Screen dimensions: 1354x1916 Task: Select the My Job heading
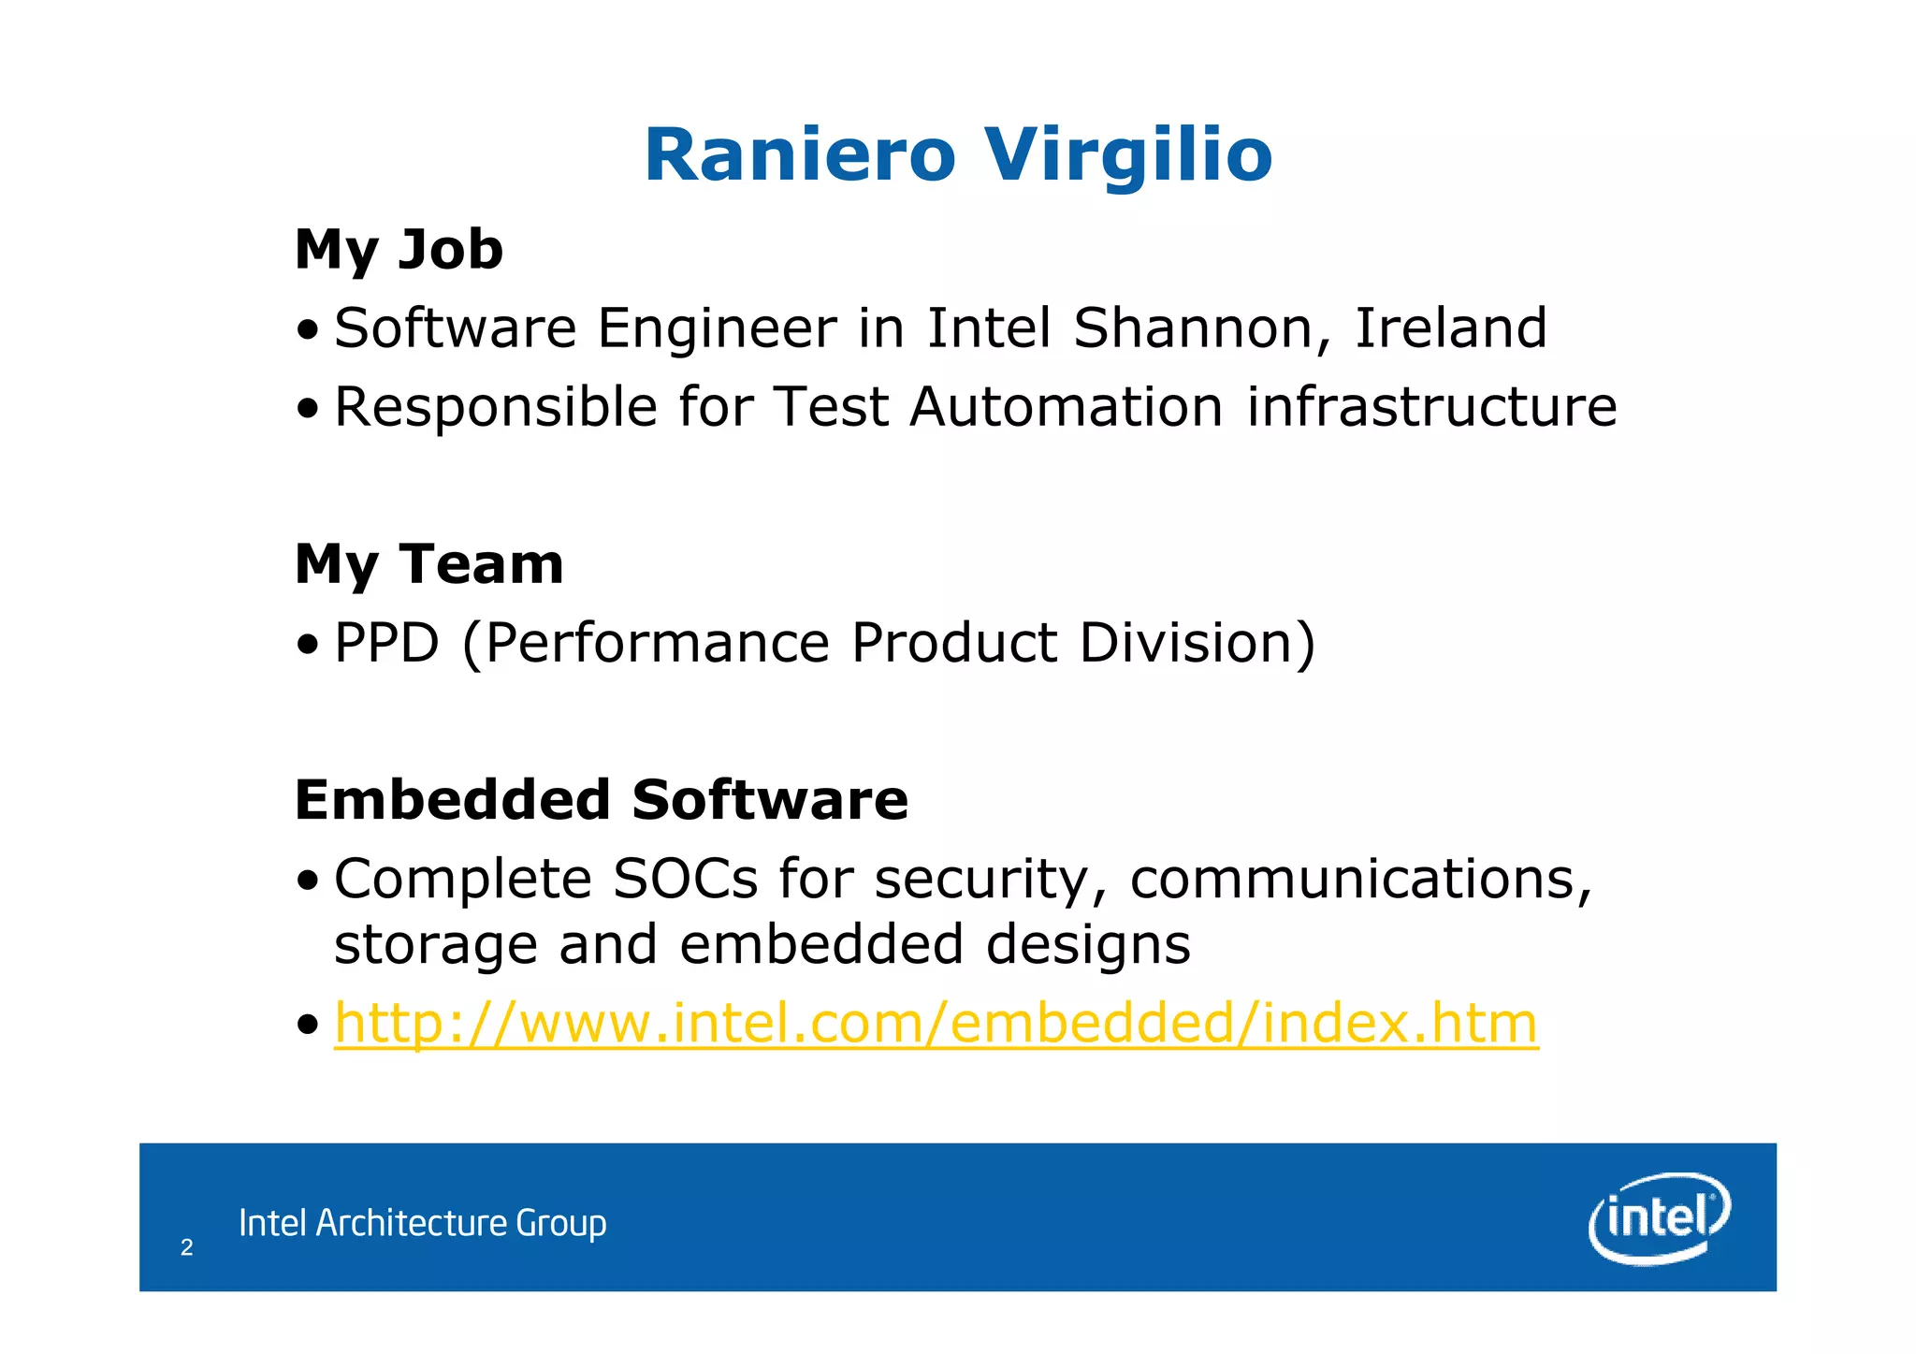click(x=399, y=250)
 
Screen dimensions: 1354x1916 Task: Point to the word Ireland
click(x=1451, y=328)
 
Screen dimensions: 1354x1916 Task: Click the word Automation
click(x=1066, y=407)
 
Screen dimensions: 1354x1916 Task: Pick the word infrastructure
click(x=1431, y=407)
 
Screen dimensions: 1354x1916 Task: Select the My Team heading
click(x=428, y=564)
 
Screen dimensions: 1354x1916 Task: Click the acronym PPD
click(x=386, y=643)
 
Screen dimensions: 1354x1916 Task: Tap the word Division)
click(x=1197, y=643)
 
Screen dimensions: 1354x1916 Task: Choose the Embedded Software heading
click(x=601, y=800)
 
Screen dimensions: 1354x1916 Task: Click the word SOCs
click(x=685, y=880)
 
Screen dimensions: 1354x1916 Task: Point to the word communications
click(x=1360, y=880)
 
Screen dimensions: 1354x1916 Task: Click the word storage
click(x=435, y=945)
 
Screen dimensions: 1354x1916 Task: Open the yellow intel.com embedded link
click(x=936, y=1023)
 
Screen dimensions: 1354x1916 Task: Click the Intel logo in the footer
click(x=1659, y=1217)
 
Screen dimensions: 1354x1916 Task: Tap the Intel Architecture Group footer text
click(x=422, y=1223)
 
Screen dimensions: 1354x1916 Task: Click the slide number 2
click(x=186, y=1247)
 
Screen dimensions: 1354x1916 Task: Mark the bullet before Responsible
click(x=307, y=409)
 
